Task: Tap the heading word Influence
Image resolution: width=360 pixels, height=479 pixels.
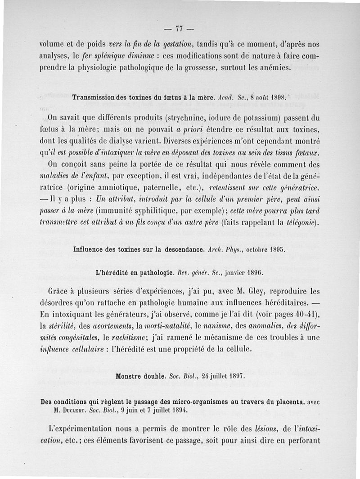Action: click(90, 249)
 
